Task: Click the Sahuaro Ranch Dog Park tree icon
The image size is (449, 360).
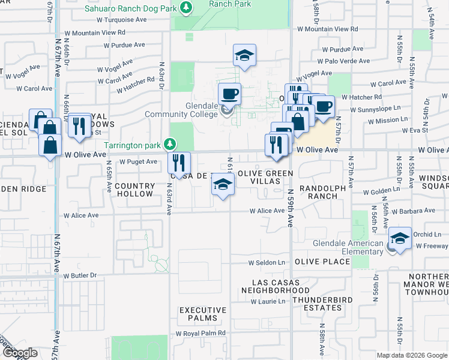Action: [x=187, y=8]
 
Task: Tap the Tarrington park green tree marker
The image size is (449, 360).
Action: [x=170, y=144]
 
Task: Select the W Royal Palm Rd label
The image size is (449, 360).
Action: [x=200, y=333]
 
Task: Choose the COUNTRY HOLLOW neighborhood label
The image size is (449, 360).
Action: [x=134, y=190]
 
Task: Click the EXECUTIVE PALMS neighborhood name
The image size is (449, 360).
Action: [x=203, y=314]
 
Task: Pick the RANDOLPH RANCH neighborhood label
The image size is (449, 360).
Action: [x=323, y=192]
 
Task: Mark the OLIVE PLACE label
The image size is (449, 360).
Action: [x=322, y=262]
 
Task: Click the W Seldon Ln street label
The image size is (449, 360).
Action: [x=267, y=263]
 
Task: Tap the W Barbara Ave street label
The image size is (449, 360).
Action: [x=414, y=211]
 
